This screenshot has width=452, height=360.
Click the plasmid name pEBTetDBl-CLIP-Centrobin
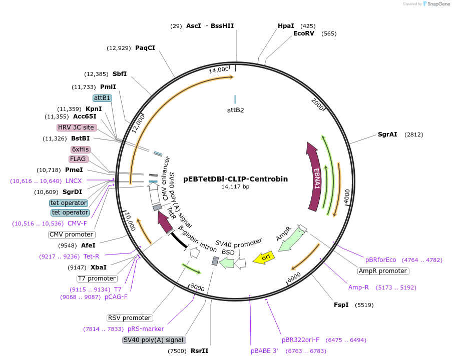[235, 178]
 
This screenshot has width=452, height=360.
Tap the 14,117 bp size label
[235, 186]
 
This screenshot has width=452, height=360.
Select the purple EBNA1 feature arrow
[315, 177]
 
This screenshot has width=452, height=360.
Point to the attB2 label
[235, 109]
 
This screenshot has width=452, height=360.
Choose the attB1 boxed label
[103, 98]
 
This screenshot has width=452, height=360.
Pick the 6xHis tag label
[80, 149]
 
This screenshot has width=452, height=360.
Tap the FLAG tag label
[79, 159]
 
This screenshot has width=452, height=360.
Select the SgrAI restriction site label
[387, 134]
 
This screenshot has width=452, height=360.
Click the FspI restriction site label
[341, 304]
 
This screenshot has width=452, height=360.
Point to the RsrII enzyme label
[199, 351]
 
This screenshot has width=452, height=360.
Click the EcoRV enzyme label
[304, 33]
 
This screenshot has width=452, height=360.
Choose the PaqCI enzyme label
[145, 47]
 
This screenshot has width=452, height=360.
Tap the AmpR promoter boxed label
[383, 271]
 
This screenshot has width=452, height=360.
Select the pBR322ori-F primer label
[300, 339]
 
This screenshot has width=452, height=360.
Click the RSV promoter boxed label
[129, 318]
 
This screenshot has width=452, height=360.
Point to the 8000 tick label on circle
[198, 288]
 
